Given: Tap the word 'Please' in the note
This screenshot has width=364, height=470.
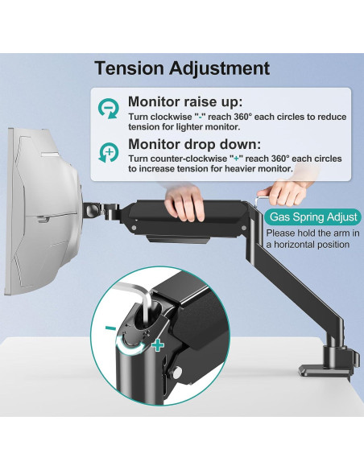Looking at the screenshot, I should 281,233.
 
